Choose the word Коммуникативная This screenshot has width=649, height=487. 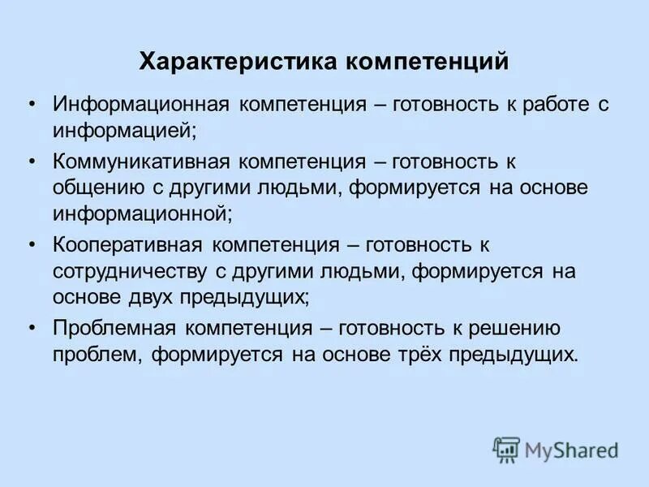click(x=144, y=162)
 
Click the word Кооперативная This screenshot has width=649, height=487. click(x=130, y=245)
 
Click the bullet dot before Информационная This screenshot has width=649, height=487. click(x=32, y=105)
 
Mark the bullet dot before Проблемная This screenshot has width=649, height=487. click(x=32, y=329)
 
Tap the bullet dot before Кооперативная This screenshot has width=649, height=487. click(x=32, y=245)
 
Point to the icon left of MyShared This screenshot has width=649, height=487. click(x=506, y=449)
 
